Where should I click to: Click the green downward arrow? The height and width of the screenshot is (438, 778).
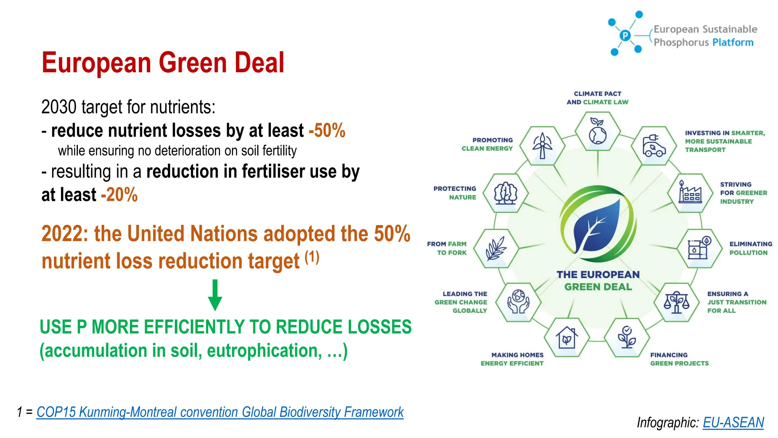pos(215,295)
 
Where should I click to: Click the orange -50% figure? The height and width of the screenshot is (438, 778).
pos(327,131)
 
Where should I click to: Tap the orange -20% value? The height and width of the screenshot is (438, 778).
pos(119,195)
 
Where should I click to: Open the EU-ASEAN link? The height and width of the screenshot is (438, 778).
pos(733,422)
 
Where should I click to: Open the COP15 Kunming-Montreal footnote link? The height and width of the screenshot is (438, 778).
pos(220,412)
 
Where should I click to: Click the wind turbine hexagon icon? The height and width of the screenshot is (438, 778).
pos(542,146)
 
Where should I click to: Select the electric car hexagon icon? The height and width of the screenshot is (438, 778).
pos(654,146)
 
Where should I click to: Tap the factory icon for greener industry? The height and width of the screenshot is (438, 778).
pos(690,193)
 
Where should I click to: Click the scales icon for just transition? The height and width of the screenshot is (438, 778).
pos(676,302)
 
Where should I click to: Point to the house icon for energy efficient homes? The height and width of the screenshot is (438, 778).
pos(566,337)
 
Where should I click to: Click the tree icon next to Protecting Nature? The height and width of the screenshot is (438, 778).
pos(505,193)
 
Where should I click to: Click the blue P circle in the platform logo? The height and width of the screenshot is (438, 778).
pos(625,36)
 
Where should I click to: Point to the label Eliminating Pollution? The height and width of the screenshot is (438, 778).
pos(750,248)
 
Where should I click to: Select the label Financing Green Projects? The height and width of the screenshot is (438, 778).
pos(679,359)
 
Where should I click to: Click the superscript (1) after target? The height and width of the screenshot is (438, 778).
pos(312,257)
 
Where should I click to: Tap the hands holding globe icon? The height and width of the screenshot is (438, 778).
pos(518,302)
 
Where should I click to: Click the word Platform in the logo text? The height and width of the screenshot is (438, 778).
pos(733,42)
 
